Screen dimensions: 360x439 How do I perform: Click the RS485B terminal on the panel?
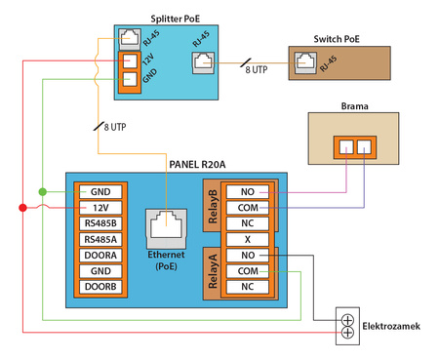pyautogui.click(x=100, y=223)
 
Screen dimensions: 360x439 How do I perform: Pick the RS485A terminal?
pyautogui.click(x=100, y=239)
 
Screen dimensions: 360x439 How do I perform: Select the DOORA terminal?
pyautogui.click(x=100, y=255)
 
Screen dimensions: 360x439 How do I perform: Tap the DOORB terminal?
pyautogui.click(x=100, y=287)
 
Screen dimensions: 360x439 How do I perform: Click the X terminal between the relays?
pyautogui.click(x=248, y=239)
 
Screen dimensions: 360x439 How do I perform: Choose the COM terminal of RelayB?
pyautogui.click(x=248, y=207)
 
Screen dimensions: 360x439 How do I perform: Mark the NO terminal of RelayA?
pyautogui.click(x=248, y=255)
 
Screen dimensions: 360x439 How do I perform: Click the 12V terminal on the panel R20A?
pyautogui.click(x=100, y=207)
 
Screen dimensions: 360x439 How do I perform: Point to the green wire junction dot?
pyautogui.click(x=42, y=191)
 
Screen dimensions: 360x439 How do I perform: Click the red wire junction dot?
pyautogui.click(x=22, y=207)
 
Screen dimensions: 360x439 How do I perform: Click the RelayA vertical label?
pyautogui.click(x=214, y=270)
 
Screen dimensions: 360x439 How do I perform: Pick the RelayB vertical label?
pyautogui.click(x=214, y=207)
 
